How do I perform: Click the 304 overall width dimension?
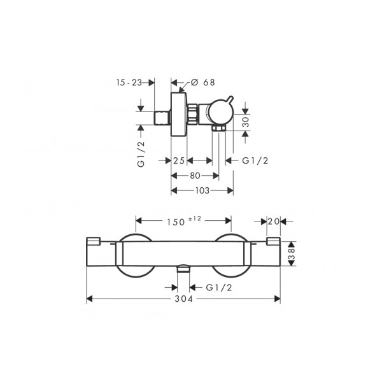pos(184,299)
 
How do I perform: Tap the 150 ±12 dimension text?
pos(184,221)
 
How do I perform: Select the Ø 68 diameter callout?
pos(202,82)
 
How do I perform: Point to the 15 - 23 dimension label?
pos(129,83)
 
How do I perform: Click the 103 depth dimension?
pos(202,190)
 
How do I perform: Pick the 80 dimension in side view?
pos(195,176)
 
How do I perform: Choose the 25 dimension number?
pos(179,160)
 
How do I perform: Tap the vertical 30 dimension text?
pos(246,122)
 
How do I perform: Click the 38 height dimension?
pos(292,253)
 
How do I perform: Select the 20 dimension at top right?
pos(273,222)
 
